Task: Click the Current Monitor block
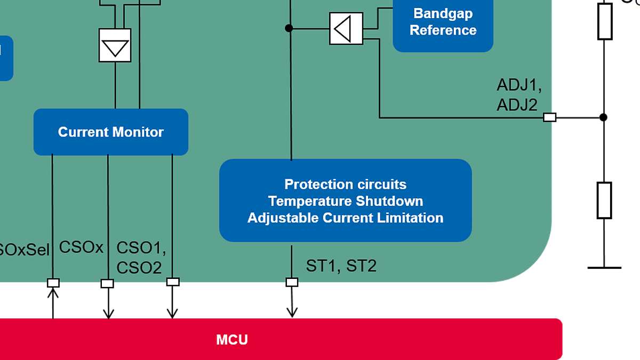tap(111, 132)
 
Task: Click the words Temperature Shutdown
tap(346, 201)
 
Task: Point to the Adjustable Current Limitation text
tap(346, 218)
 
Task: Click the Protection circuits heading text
tap(346, 185)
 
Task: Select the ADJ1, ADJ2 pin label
tap(518, 95)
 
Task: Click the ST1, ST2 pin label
tap(341, 266)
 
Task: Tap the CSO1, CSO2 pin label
tap(141, 258)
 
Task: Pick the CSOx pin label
tap(81, 247)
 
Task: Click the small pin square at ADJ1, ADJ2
tap(549, 117)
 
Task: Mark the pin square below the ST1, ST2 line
tap(292, 282)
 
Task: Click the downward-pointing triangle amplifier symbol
tap(115, 46)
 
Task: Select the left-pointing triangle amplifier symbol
tap(346, 28)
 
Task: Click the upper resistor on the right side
tap(604, 21)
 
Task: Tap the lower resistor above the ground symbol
tap(604, 200)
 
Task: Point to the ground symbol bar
tap(604, 267)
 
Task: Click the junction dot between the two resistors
tap(604, 117)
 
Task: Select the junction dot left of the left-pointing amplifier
tap(289, 28)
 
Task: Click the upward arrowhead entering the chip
tap(53, 292)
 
